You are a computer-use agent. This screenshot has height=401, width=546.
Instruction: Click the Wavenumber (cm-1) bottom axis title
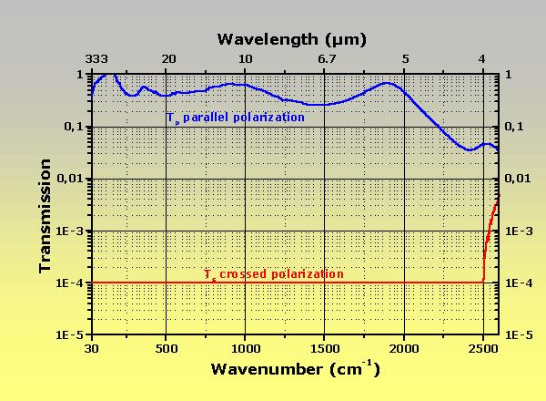[x=296, y=369]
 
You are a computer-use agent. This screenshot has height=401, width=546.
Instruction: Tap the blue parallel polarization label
[x=235, y=118]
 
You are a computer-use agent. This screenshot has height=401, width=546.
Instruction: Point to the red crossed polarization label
[x=273, y=273]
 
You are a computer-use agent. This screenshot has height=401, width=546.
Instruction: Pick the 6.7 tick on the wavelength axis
[x=327, y=59]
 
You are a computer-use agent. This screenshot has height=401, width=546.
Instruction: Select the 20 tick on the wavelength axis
[x=168, y=59]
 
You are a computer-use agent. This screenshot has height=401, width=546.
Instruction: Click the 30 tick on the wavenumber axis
[x=91, y=348]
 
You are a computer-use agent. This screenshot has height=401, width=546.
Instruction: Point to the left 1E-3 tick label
[x=71, y=231]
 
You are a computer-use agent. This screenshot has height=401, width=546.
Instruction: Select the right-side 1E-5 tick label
[x=519, y=335]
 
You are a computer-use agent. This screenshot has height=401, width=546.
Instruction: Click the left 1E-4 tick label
[x=71, y=283]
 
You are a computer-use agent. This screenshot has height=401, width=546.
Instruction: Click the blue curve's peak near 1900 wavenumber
[x=388, y=83]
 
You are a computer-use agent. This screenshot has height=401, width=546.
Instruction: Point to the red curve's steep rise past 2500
[x=488, y=239]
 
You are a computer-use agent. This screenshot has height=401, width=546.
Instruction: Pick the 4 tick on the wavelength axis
[x=481, y=59]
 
